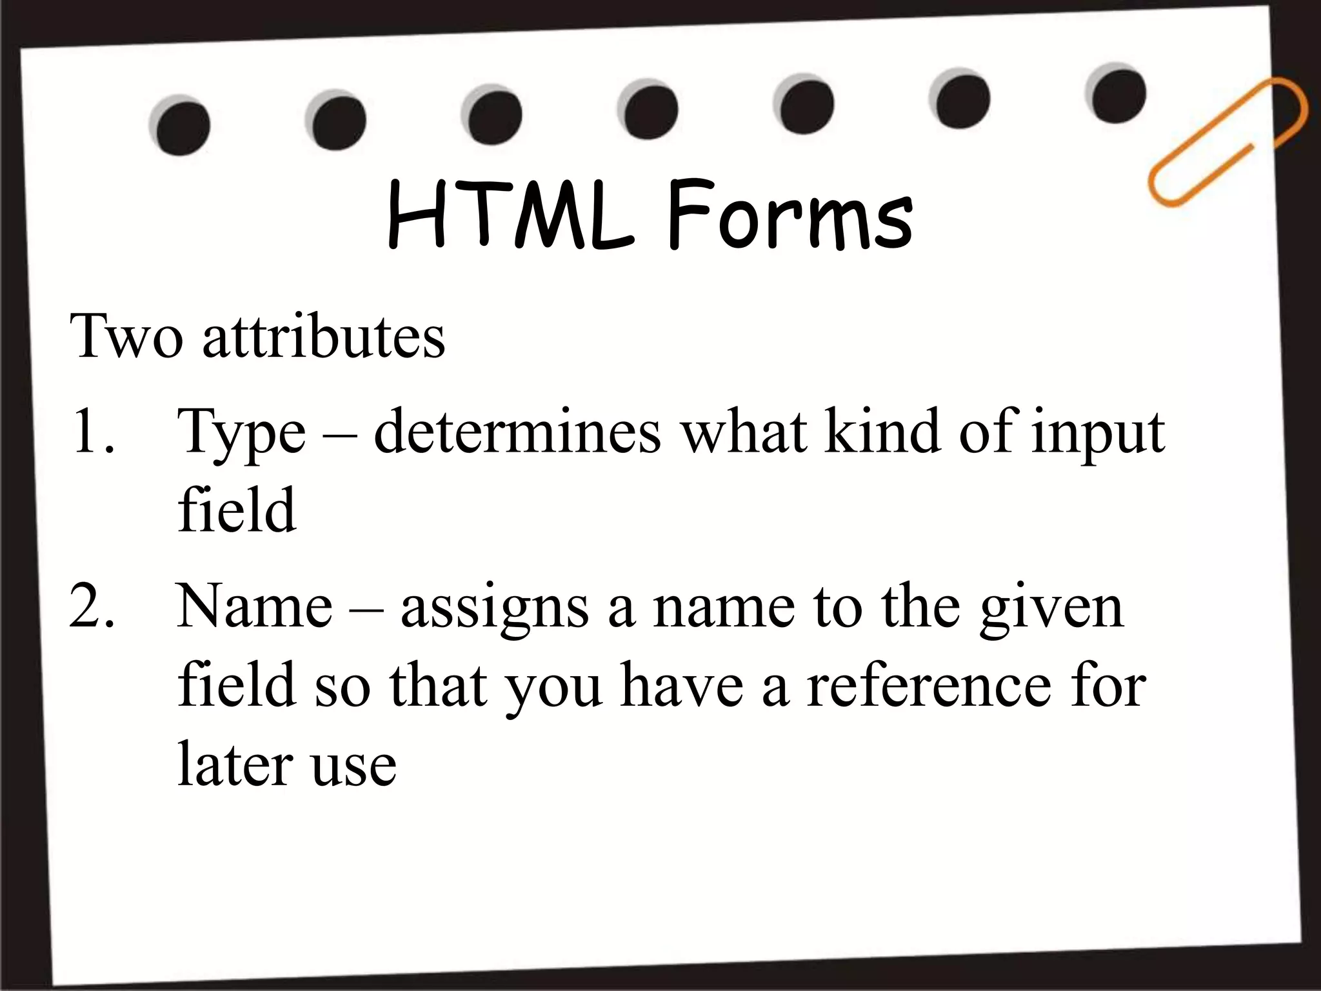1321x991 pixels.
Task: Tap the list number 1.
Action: click(x=94, y=431)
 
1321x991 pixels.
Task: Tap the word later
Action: click(x=235, y=765)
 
